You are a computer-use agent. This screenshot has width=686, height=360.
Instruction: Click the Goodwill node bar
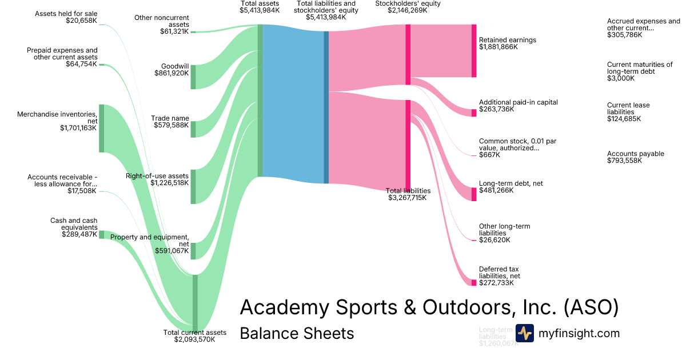point(193,77)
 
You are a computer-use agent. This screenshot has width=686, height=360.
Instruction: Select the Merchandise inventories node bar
point(101,128)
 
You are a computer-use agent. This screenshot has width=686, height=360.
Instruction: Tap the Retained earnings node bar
point(473,50)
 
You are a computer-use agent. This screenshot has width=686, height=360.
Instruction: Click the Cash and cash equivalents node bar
point(101,234)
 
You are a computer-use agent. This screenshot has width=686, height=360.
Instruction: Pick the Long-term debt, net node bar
point(473,194)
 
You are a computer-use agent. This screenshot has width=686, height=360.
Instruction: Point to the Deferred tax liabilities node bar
point(473,282)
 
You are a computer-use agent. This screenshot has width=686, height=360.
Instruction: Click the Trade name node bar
point(193,129)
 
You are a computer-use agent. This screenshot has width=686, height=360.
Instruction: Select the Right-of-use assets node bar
point(193,186)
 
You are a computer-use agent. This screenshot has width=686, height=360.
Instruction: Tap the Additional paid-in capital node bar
point(473,113)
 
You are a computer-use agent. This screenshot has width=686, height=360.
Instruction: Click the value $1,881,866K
point(498,47)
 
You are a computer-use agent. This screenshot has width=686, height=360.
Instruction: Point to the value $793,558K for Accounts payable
point(624,161)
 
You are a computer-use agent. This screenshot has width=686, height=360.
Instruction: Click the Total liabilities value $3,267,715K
point(408,198)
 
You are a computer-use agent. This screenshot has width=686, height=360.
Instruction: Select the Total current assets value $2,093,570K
point(194,339)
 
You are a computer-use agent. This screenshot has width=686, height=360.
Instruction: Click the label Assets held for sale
point(66,13)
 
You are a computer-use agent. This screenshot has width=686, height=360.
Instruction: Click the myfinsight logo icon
point(524,333)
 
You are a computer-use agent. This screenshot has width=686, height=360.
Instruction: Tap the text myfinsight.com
point(579,333)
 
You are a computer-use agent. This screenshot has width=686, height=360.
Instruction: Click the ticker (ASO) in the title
point(591,307)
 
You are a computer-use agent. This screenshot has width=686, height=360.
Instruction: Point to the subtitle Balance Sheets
point(297,333)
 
